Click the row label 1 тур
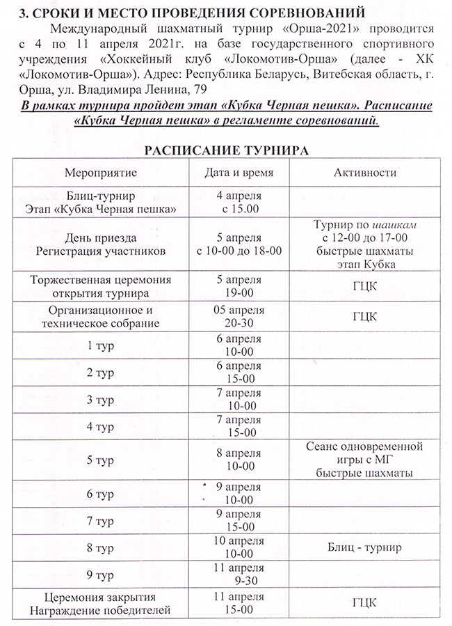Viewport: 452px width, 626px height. (102, 346)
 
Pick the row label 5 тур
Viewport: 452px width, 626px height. (102, 460)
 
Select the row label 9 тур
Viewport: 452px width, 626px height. (102, 575)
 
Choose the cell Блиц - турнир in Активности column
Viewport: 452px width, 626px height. (365, 547)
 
